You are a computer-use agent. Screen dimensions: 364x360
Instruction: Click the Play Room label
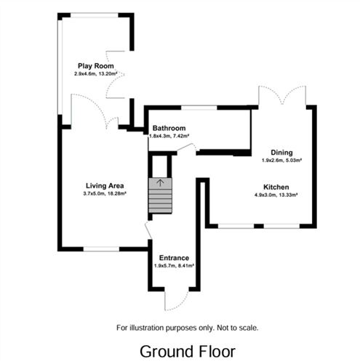95,65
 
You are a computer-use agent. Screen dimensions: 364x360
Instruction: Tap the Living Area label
105,185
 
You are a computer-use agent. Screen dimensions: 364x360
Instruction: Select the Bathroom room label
169,128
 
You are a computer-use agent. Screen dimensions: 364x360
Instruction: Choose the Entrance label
174,258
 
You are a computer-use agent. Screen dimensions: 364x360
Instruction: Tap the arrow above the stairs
161,182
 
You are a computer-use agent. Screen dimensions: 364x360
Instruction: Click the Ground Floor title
188,351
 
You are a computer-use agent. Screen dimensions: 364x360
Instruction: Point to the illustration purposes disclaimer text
188,328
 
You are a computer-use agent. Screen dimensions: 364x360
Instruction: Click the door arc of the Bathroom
186,149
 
